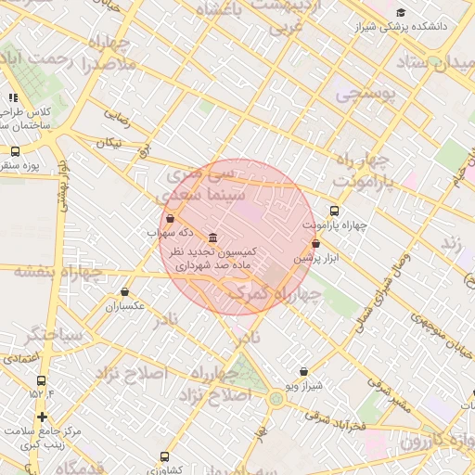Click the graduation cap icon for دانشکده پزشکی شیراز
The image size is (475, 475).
pos(401,12)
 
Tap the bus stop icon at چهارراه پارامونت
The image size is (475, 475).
pos(335,211)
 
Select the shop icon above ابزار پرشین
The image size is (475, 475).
pos(316,244)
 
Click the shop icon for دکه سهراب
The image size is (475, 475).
pos(169,219)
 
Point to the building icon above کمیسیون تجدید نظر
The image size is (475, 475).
pos(213,237)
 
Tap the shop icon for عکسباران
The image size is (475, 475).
pos(125,291)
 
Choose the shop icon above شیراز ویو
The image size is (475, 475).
pos(303,371)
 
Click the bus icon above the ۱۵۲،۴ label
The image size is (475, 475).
pos(41,380)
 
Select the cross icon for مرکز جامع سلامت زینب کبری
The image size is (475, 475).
pos(42,417)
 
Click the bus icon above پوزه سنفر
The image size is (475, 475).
pos(15,151)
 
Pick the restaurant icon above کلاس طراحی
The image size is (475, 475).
pos(13,97)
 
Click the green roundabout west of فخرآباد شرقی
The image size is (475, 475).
pos(276,399)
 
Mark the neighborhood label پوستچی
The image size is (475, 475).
pos(363,94)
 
